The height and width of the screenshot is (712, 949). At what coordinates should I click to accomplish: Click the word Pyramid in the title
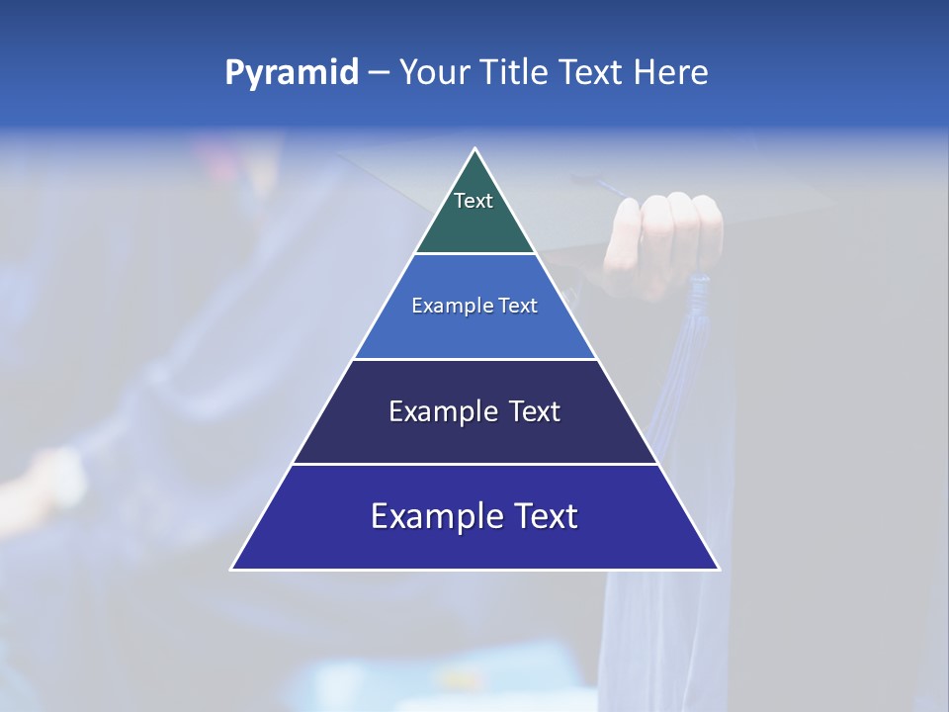pos(292,73)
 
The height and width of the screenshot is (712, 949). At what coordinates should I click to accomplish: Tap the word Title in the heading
pos(520,73)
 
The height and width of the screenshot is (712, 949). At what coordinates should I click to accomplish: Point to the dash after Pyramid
pos(378,73)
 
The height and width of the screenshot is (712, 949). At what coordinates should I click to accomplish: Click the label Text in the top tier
pos(474,201)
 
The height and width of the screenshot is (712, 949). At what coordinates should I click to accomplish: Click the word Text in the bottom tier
pos(543,516)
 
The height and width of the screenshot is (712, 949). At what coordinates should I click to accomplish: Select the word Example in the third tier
pos(441,411)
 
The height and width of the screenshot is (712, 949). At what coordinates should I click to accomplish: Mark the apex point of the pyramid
pos(475,149)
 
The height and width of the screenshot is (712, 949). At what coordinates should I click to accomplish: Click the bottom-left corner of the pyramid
pos(232,569)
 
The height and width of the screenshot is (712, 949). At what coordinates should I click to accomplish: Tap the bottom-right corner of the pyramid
pos(719,569)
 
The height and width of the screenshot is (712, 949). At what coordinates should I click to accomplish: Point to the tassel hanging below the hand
pos(697,336)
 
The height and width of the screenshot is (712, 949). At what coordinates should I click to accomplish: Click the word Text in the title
pos(591,73)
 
